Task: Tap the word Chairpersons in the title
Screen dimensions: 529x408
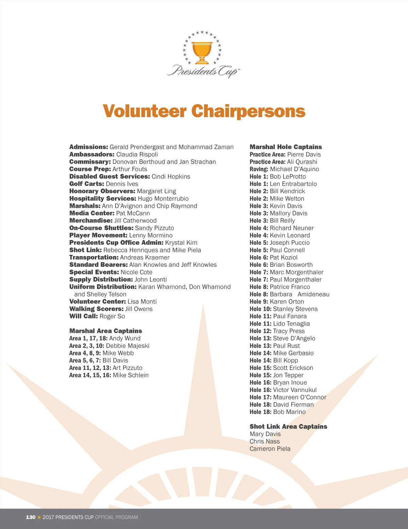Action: pyautogui.click(x=248, y=111)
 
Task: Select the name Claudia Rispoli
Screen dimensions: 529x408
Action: pyautogui.click(x=137, y=155)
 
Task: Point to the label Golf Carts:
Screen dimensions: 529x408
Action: pyautogui.click(x=87, y=184)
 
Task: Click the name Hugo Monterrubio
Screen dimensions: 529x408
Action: pyautogui.click(x=163, y=198)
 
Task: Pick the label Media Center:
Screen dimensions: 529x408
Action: pyautogui.click(x=92, y=213)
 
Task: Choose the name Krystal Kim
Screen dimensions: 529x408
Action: pyautogui.click(x=181, y=243)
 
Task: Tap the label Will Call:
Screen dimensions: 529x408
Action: pyautogui.click(x=83, y=316)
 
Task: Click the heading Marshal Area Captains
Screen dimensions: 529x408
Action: pyautogui.click(x=106, y=331)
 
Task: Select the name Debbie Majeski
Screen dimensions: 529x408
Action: pyautogui.click(x=128, y=346)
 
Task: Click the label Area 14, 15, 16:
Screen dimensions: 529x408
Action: pyautogui.click(x=90, y=375)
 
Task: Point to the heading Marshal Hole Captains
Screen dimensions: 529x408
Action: pyautogui.click(x=286, y=147)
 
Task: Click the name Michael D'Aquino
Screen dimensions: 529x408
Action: pyautogui.click(x=294, y=169)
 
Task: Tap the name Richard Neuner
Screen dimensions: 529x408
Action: pyautogui.click(x=292, y=228)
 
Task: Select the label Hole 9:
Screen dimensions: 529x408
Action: pyautogui.click(x=259, y=302)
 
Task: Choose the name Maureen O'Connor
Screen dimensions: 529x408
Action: pyautogui.click(x=300, y=397)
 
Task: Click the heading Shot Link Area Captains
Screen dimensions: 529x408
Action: pyautogui.click(x=288, y=427)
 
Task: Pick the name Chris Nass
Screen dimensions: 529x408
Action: pyautogui.click(x=265, y=442)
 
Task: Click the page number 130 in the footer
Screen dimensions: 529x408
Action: pyautogui.click(x=31, y=517)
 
